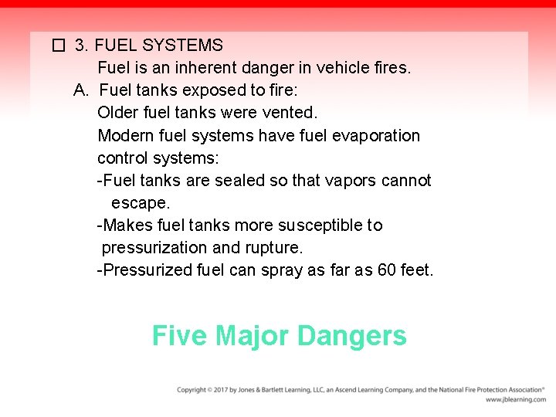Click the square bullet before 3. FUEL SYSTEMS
[57, 46]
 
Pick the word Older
[118, 113]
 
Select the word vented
[287, 113]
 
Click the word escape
[140, 202]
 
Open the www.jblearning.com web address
[515, 400]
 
